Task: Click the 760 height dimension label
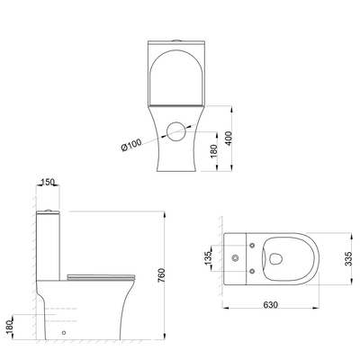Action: pyautogui.click(x=161, y=275)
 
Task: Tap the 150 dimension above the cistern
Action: pyautogui.click(x=48, y=182)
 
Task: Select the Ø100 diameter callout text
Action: pyautogui.click(x=131, y=145)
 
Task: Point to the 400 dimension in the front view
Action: pyautogui.click(x=229, y=139)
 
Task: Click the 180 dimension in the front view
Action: pyautogui.click(x=213, y=151)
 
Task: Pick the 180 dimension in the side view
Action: pyautogui.click(x=10, y=327)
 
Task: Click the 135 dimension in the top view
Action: pyautogui.click(x=208, y=258)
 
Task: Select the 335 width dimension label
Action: pyautogui.click(x=348, y=258)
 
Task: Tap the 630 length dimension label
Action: pyautogui.click(x=270, y=305)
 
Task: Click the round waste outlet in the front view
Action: pyautogui.click(x=177, y=131)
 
